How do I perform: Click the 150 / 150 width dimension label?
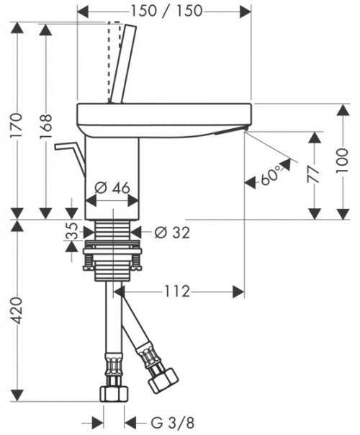coord(166,11)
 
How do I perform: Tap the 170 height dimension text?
coord(16,125)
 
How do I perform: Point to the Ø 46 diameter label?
coord(112,188)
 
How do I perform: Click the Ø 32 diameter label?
coord(172,233)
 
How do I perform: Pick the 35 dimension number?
coord(71,230)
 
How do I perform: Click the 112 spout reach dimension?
coord(177,292)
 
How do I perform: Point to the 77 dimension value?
coord(313,174)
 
